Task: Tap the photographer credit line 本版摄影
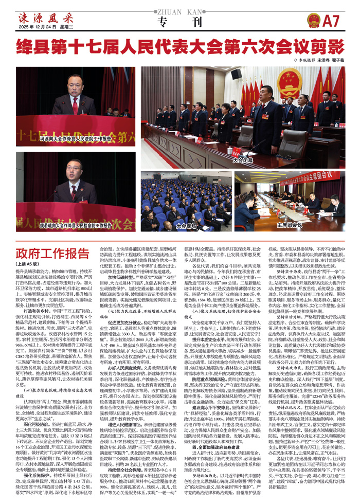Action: click(x=322, y=60)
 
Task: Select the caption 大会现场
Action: click(x=186, y=225)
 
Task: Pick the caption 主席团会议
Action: click(x=289, y=225)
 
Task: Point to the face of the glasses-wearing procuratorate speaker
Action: click(x=71, y=171)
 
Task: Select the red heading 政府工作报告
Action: click(x=53, y=254)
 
